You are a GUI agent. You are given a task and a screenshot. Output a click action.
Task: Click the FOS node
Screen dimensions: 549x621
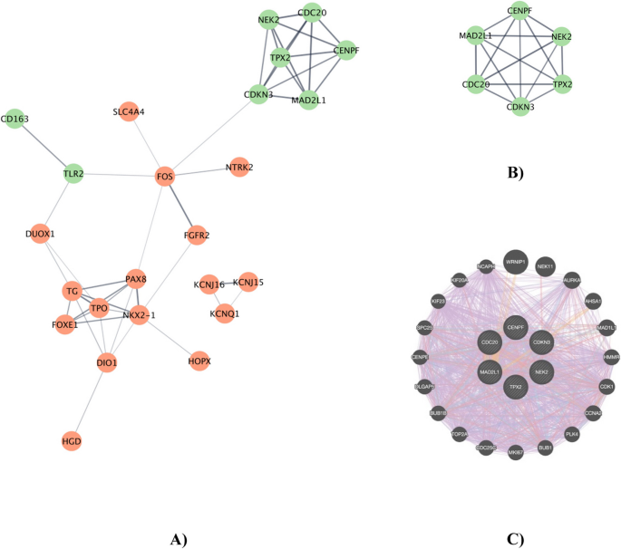click(x=165, y=177)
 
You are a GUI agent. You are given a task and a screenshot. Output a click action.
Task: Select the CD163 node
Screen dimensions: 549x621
click(x=14, y=119)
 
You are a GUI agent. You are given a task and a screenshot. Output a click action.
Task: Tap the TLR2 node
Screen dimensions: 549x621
click(x=73, y=173)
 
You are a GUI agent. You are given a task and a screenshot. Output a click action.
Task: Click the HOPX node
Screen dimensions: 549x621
click(x=199, y=361)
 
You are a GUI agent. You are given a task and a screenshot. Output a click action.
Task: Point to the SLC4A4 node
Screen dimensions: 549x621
click(x=129, y=111)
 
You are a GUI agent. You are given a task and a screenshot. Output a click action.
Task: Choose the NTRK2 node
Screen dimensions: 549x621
click(x=238, y=168)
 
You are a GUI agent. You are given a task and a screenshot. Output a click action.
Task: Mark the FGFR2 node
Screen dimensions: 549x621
click(x=196, y=236)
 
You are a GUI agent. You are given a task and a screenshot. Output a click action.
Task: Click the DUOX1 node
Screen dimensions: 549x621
click(x=40, y=234)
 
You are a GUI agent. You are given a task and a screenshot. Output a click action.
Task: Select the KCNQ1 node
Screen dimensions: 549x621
click(x=225, y=313)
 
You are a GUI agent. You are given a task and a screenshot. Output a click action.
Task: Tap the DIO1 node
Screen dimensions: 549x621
click(x=107, y=363)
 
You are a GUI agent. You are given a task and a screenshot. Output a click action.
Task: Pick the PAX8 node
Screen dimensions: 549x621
click(x=136, y=278)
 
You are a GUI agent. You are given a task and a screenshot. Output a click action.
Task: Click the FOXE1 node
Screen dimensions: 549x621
click(x=64, y=323)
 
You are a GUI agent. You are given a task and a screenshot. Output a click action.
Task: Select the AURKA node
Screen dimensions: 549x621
click(x=572, y=281)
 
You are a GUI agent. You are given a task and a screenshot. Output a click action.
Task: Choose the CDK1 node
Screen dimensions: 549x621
click(x=606, y=387)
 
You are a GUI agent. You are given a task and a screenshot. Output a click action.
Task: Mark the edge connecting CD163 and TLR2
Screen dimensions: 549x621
click(x=43, y=146)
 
